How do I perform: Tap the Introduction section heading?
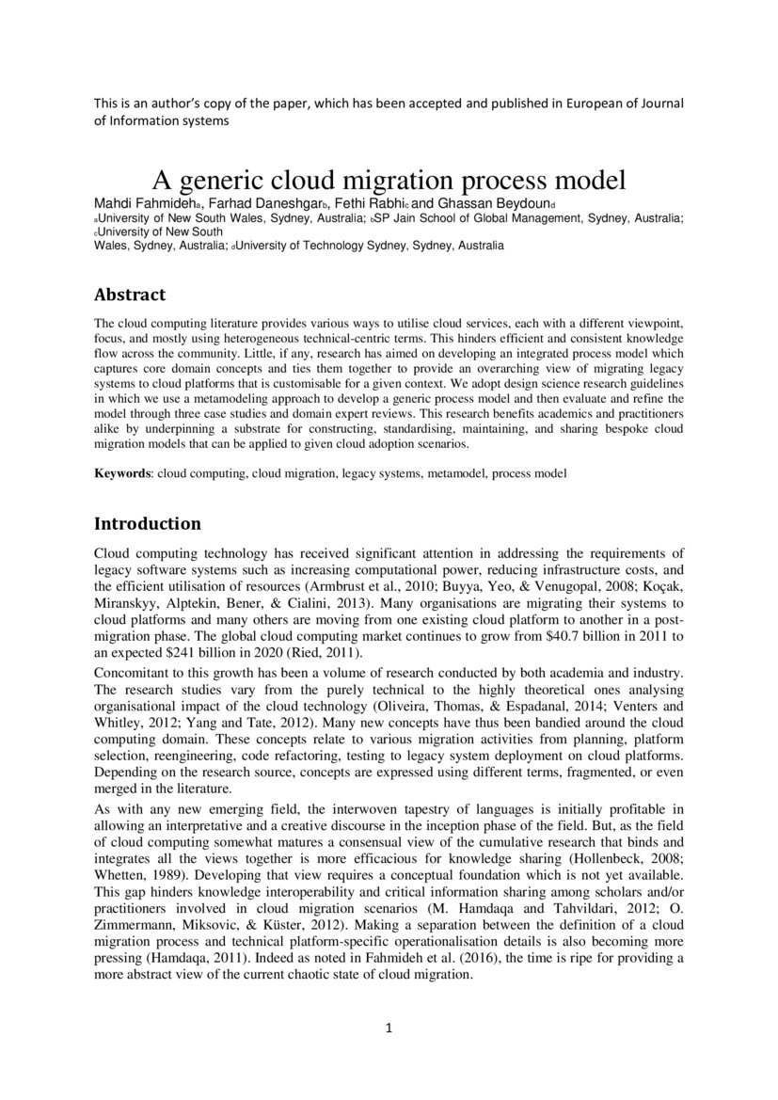(x=148, y=522)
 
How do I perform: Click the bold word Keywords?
(x=123, y=473)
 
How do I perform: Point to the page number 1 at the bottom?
(x=389, y=1028)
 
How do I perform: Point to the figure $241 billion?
(x=184, y=652)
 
